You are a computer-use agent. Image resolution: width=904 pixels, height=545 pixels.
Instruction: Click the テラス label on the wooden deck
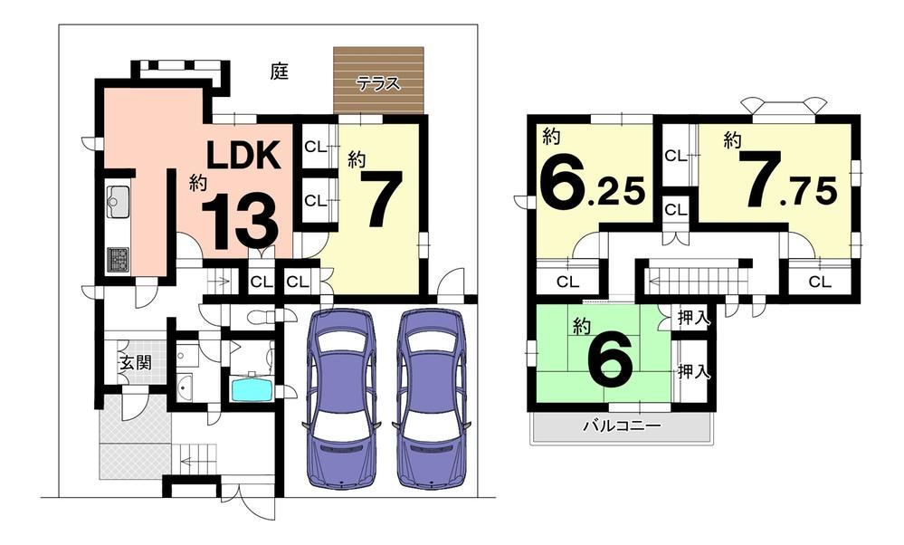click(378, 83)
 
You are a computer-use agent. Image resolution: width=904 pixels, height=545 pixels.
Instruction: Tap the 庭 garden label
click(279, 72)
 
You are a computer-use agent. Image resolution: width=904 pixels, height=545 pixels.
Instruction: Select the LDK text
click(244, 155)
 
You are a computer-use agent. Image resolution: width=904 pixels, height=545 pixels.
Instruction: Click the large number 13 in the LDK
click(240, 221)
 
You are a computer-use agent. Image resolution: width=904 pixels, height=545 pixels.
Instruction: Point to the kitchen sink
click(119, 202)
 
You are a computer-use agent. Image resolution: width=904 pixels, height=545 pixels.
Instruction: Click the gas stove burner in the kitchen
click(119, 260)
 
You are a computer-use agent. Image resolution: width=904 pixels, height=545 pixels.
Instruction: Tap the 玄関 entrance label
click(136, 362)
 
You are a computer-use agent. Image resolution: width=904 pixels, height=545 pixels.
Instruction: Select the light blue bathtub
click(252, 389)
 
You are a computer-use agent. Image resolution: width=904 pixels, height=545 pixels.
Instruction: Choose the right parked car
click(433, 399)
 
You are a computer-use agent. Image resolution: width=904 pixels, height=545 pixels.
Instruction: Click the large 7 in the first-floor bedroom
click(379, 199)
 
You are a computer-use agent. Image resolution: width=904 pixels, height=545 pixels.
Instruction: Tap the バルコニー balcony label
click(622, 426)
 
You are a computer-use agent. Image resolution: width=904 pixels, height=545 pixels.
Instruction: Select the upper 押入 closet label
click(693, 318)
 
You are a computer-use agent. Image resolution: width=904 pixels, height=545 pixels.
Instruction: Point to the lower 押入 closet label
click(693, 372)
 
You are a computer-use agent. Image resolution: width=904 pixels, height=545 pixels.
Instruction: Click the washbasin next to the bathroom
click(186, 387)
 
